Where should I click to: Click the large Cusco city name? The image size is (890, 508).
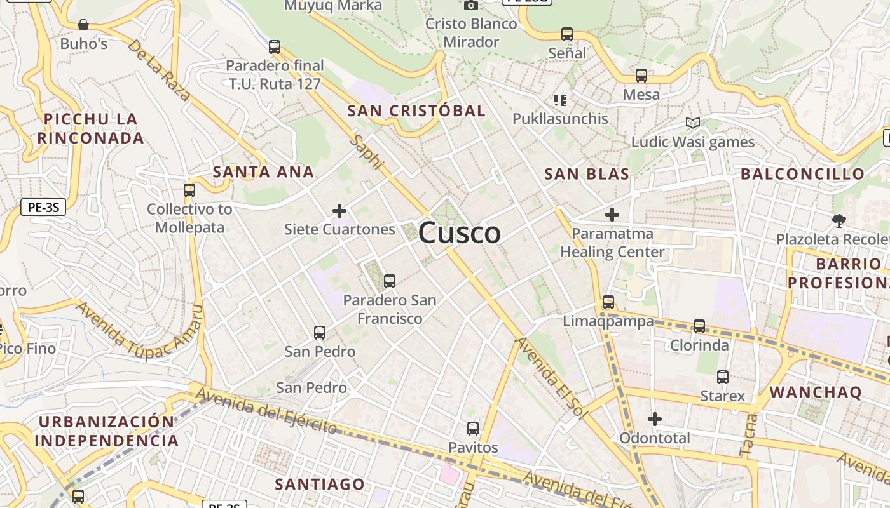(x=459, y=232)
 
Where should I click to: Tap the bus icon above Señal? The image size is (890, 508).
(x=566, y=34)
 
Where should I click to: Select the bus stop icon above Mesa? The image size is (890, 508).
(x=641, y=76)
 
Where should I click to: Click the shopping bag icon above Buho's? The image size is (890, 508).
(x=83, y=25)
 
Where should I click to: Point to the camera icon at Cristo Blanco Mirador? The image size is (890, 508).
(x=470, y=6)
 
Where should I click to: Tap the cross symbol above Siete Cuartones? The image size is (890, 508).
(x=339, y=211)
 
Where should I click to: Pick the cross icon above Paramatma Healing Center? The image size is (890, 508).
(x=612, y=215)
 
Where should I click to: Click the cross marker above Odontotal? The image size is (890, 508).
(x=654, y=419)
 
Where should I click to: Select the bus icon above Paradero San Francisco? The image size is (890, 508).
(x=390, y=281)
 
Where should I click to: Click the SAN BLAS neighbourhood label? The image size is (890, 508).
(x=587, y=174)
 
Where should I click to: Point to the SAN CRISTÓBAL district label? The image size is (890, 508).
(x=416, y=110)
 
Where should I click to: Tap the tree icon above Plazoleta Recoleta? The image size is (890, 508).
(x=839, y=221)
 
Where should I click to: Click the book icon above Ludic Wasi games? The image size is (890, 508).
(x=692, y=123)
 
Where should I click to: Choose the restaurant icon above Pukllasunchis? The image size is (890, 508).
(x=559, y=100)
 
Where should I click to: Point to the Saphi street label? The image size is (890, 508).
(x=368, y=152)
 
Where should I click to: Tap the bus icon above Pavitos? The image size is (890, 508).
(x=472, y=429)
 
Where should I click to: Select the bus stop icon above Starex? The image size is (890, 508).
(x=722, y=377)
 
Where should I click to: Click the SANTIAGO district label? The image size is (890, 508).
(x=320, y=484)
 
